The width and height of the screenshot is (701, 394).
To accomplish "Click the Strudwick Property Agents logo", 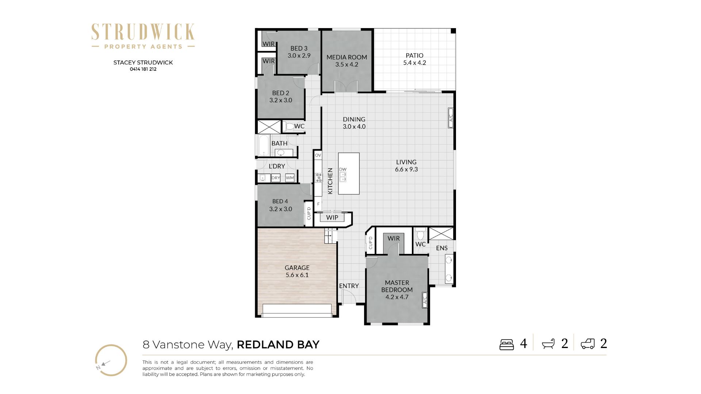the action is pos(143,36).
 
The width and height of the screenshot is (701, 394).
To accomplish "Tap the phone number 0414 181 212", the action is pos(143,69).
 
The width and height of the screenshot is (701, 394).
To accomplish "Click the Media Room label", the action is pos(347,57).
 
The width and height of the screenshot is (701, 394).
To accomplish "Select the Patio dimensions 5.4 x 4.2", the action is pos(414,63).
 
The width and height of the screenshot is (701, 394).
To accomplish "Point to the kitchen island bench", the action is pos(349,173).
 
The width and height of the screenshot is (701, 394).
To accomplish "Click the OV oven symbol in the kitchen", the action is pos(318,155).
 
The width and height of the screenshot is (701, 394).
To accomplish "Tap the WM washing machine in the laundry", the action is pos(290,178).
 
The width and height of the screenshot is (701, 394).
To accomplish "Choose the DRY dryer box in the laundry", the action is pos(276,178).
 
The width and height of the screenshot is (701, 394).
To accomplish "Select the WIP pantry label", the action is pos(332,217).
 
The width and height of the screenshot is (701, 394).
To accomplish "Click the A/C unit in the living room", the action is pos(451,118).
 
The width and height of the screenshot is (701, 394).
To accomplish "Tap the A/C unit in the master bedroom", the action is pos(425,300).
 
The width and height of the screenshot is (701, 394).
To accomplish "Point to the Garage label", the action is pos(297,268).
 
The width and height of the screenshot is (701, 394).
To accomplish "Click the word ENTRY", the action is pos(349,286).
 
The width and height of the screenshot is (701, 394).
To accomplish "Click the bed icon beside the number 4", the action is pos(507,344).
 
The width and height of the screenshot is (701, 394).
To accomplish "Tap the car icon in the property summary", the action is pos(588,344).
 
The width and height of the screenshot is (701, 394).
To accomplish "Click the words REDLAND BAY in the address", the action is pos(278,345).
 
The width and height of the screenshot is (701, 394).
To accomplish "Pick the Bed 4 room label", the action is pos(280,201).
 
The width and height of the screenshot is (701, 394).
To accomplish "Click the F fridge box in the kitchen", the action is pos(318,204).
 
